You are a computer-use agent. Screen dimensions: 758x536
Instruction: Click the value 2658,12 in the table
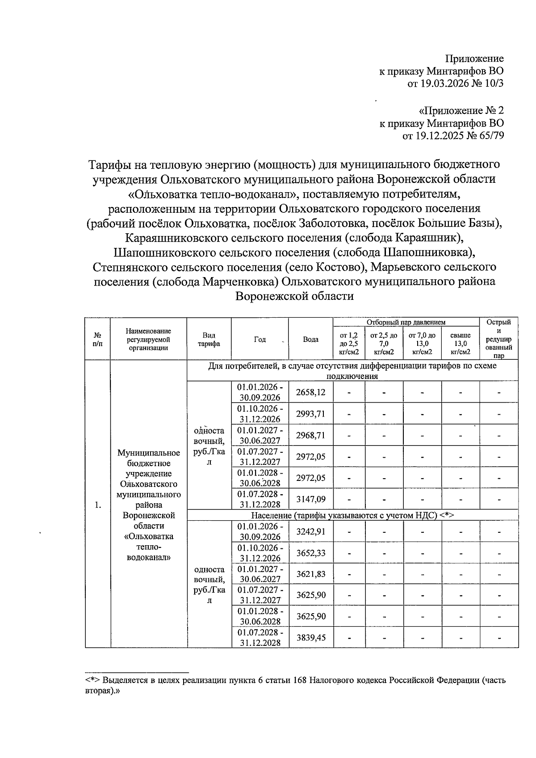pos(310,392)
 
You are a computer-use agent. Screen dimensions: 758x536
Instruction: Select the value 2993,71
pos(310,414)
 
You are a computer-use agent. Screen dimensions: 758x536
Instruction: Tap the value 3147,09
pos(310,499)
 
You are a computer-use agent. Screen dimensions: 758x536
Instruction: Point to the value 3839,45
pos(310,638)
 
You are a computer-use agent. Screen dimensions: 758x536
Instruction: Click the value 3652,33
pos(310,553)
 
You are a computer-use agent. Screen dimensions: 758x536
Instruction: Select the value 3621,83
pos(310,574)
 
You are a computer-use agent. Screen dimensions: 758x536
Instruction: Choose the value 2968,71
pos(310,435)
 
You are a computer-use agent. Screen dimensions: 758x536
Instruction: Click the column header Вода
pos(310,339)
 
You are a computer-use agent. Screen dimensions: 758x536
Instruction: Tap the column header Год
pos(260,339)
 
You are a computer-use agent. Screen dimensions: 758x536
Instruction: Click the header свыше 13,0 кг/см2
pos(461,343)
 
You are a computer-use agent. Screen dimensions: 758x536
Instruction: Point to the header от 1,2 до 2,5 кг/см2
pos(349,343)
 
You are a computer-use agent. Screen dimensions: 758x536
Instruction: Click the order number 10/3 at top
pos(493,84)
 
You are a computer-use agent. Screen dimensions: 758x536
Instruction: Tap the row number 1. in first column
pos(98,505)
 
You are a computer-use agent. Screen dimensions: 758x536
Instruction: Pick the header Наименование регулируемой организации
pos(148,339)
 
